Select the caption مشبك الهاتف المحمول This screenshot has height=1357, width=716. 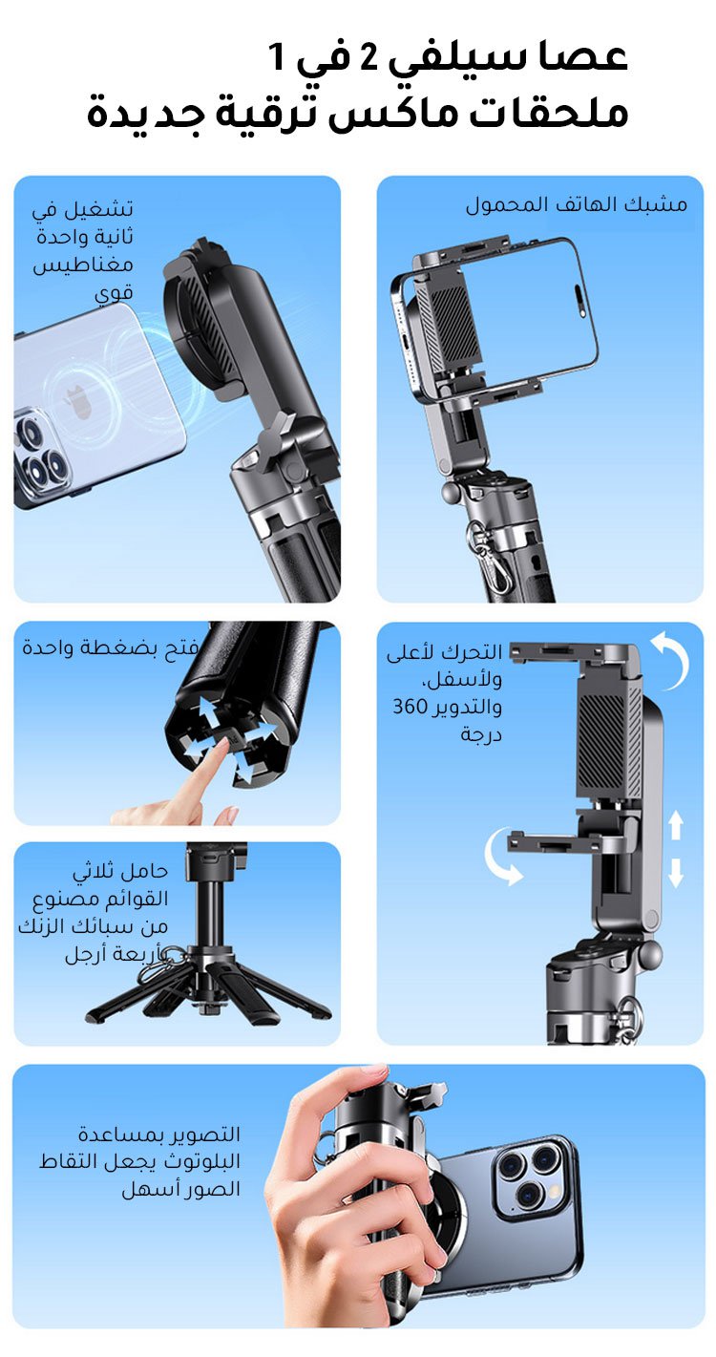click(x=576, y=204)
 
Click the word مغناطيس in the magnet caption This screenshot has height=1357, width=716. click(x=83, y=265)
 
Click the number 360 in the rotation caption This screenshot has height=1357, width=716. click(x=410, y=707)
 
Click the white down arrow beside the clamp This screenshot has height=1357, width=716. click(x=676, y=872)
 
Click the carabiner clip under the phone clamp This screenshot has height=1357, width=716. click(x=485, y=554)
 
